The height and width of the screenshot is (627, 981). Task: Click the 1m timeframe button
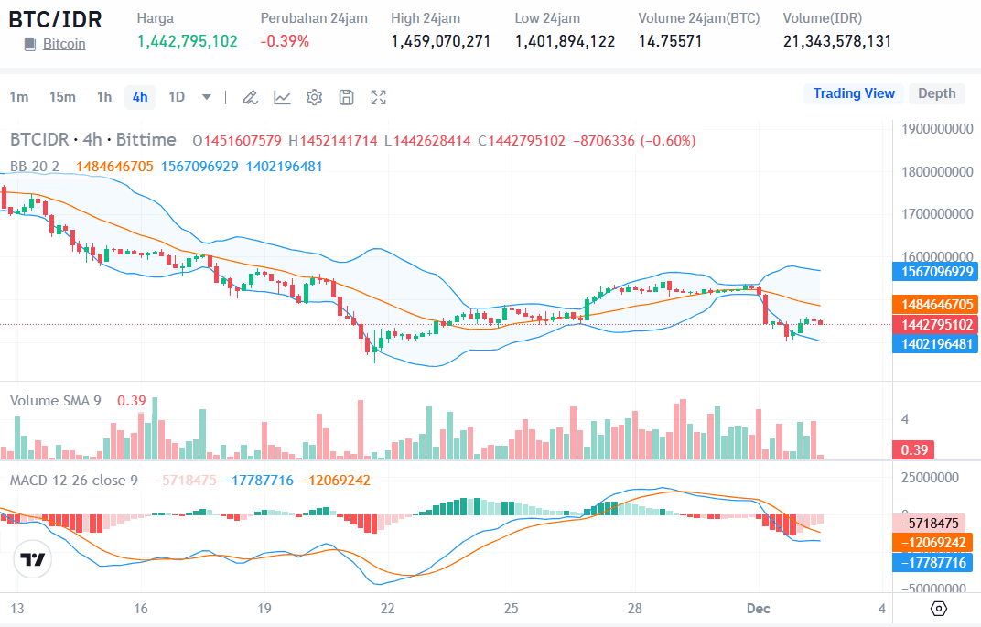tap(19, 97)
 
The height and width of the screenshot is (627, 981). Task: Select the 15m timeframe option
tap(62, 97)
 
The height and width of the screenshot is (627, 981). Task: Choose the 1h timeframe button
tap(104, 97)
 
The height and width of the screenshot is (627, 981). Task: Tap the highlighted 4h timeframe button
tap(140, 97)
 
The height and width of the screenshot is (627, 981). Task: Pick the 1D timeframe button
tap(177, 97)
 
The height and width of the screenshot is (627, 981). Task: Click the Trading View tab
tap(853, 93)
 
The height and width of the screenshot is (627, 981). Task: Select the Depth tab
tap(936, 93)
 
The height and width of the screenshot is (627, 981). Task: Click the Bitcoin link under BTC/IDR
tap(64, 43)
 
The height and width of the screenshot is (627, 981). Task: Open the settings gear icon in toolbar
tap(314, 97)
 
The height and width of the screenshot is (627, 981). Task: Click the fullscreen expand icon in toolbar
tap(378, 97)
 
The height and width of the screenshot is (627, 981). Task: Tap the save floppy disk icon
tap(346, 97)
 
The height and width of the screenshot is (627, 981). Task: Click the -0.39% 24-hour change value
tap(285, 41)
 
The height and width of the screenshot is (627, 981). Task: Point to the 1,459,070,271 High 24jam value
tap(440, 41)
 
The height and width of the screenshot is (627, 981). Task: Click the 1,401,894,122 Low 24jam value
tap(565, 41)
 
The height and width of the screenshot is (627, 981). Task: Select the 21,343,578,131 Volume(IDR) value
tap(836, 41)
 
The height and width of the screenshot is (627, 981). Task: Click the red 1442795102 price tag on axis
tap(934, 324)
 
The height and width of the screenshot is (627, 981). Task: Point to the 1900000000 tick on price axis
tap(936, 129)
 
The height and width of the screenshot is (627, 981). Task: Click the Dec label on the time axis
tap(759, 608)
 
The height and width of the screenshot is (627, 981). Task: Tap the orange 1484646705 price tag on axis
tap(934, 304)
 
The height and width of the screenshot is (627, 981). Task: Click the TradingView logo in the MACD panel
tap(34, 559)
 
